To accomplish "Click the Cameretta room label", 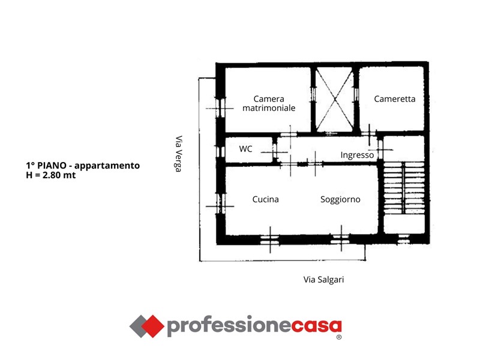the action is coord(395,99).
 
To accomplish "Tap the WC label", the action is coord(245,149).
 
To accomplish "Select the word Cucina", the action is coord(265,199).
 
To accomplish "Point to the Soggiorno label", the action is coord(340,200).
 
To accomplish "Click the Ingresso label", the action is coord(357,155).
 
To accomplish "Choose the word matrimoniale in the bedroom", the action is coord(269,108).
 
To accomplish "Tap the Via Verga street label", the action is coord(178,154).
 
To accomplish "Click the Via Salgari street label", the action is coord(323,280).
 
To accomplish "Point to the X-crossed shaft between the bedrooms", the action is coord(335,100).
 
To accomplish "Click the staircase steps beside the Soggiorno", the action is coord(404,188).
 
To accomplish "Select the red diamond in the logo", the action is coord(152,326).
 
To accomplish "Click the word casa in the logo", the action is coord(316,326).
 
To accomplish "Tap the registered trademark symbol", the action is coord(339,337).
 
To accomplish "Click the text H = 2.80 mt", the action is coord(51,175).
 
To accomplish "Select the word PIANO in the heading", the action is coord(52,166).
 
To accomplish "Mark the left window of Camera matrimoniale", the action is coord(220,108).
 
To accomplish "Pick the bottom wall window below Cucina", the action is coord(269,239).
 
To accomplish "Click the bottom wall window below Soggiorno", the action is coord(340,239).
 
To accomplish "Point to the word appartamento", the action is coord(107,166).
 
